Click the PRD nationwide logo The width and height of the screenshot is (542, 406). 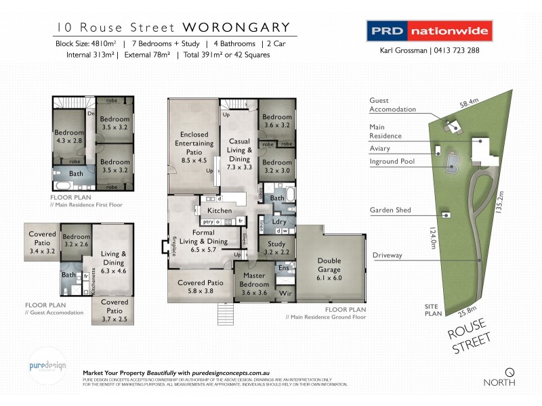point(429,31)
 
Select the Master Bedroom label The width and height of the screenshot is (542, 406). point(255,282)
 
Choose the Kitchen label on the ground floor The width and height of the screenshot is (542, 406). point(215,212)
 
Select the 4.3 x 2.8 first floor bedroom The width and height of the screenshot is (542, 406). point(68,137)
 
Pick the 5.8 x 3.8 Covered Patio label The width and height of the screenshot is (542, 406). point(201,287)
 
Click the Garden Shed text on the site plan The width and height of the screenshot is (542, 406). point(390,210)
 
